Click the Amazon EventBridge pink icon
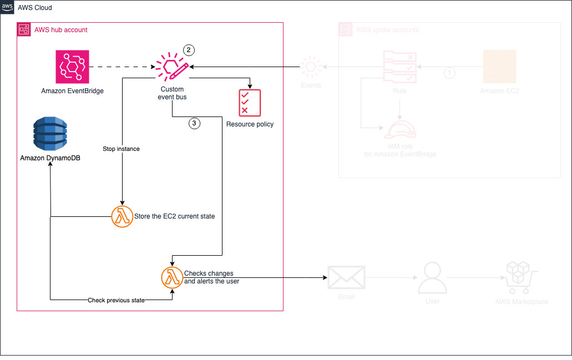(72, 67)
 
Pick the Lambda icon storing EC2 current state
(121, 216)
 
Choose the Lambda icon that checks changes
(171, 277)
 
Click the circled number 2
(189, 50)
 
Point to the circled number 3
(194, 124)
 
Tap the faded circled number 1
(450, 73)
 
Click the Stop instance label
(121, 149)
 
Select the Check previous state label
(116, 300)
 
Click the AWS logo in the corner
(8, 8)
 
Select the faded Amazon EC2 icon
(499, 67)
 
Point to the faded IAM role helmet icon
(400, 130)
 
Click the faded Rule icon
(400, 67)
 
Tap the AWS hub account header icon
(24, 30)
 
